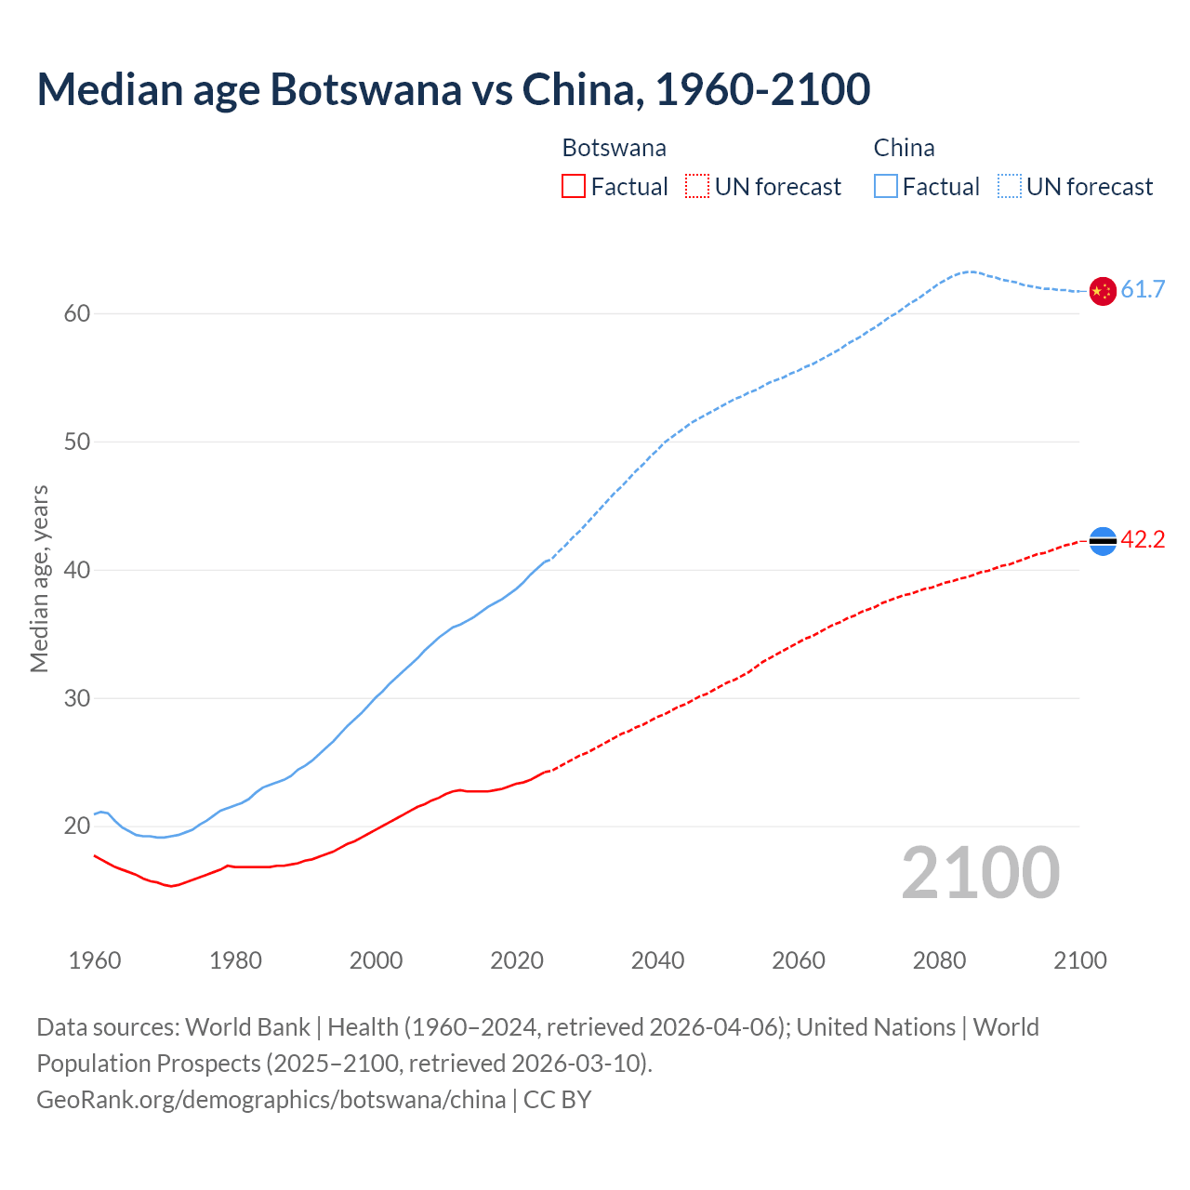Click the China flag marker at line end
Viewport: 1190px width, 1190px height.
1102,291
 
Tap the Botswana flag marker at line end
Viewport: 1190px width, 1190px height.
1102,540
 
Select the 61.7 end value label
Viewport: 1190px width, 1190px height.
1143,290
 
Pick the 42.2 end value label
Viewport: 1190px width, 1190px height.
1143,540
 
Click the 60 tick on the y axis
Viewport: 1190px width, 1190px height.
77,314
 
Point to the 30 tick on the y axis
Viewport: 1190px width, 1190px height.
77,698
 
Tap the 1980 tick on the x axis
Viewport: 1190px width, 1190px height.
235,960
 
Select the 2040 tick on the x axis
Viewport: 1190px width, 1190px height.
657,960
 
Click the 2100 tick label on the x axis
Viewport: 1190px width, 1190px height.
1080,960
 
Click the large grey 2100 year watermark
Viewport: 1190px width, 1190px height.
980,873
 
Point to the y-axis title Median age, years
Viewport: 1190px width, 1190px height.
39,578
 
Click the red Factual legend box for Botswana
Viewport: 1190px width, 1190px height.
574,187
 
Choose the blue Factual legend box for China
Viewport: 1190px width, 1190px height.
886,187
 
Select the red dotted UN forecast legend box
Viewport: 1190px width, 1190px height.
697,187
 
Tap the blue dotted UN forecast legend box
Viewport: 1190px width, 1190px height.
1009,187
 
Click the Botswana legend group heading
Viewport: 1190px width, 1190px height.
614,149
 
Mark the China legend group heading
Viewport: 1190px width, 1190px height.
904,149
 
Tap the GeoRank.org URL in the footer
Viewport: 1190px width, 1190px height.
271,1100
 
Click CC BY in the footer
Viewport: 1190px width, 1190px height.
558,1100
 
